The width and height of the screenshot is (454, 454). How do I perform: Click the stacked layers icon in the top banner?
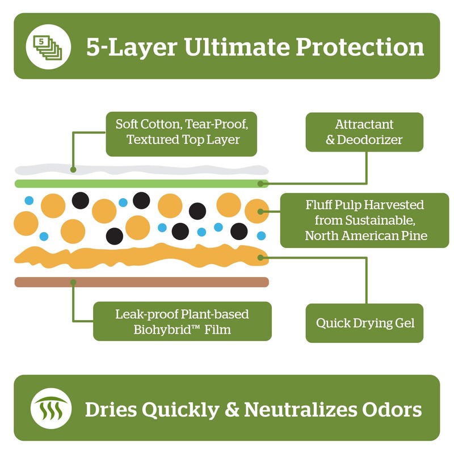click(48, 46)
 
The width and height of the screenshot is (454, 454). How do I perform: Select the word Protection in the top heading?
click(359, 47)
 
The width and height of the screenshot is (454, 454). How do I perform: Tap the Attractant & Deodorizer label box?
click(364, 132)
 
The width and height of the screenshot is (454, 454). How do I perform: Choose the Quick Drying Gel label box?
click(364, 323)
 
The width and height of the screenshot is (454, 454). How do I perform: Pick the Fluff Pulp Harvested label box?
click(364, 220)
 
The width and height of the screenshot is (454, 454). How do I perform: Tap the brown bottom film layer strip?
click(142, 282)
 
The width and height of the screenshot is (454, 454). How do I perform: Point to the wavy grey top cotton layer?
click(142, 170)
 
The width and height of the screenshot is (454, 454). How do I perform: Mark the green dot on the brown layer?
click(73, 282)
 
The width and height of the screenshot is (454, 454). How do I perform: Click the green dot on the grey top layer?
click(73, 169)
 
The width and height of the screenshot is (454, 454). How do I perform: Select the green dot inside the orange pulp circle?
click(261, 212)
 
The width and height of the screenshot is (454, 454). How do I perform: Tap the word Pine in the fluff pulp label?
click(415, 236)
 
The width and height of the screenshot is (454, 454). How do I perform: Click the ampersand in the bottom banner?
click(220, 409)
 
